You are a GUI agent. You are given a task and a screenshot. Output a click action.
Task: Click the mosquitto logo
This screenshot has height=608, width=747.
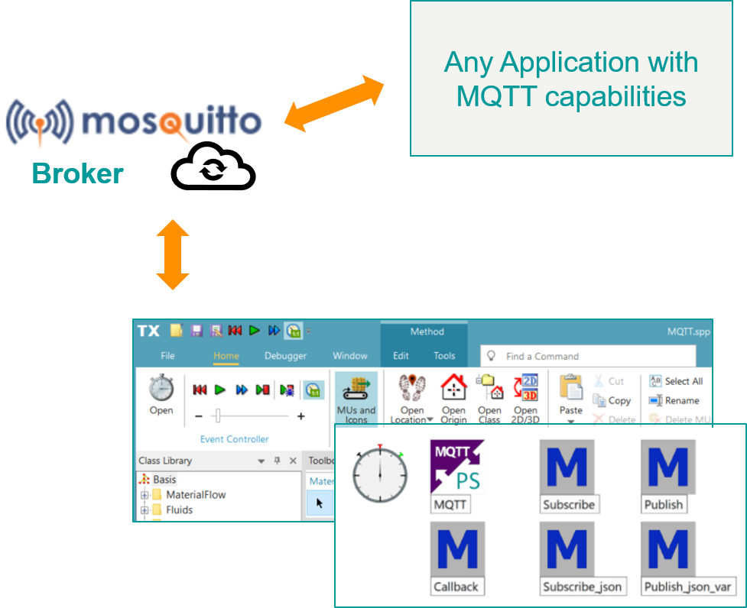(141, 121)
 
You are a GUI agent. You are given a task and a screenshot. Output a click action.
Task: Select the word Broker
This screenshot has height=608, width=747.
(77, 173)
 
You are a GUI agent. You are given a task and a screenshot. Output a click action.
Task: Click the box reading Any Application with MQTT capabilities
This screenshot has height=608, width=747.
(571, 79)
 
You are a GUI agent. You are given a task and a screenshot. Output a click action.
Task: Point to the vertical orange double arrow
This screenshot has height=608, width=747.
(173, 254)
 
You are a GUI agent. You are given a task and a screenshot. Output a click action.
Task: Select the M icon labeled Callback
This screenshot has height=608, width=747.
(456, 549)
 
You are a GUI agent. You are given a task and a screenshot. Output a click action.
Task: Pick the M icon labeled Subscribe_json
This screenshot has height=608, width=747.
(568, 549)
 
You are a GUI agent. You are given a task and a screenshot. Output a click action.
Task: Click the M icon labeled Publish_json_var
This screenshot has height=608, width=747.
(667, 549)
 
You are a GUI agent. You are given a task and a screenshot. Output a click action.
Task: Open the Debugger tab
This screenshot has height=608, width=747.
(285, 356)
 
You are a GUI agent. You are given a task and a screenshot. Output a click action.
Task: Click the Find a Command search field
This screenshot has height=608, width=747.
(589, 356)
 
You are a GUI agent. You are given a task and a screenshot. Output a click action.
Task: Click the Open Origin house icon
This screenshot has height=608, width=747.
(453, 396)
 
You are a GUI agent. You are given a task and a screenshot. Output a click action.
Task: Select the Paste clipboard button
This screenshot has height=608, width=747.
(570, 396)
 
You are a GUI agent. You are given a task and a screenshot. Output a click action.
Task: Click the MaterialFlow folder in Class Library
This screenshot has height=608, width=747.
(195, 495)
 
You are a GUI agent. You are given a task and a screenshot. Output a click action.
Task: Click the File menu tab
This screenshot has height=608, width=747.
(167, 356)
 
